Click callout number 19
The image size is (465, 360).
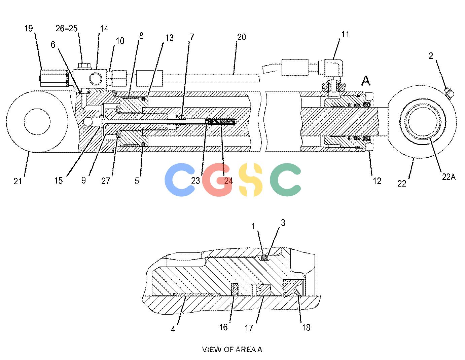point(29,29)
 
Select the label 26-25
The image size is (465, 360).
point(67,29)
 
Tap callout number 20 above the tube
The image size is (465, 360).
point(242,37)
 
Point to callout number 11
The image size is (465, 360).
point(345,34)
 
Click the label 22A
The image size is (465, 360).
point(449,177)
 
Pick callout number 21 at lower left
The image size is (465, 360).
point(17,181)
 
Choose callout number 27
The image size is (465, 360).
point(106,181)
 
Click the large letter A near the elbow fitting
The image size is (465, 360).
point(366,81)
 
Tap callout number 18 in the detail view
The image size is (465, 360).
point(306,327)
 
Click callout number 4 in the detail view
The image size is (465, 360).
point(173,329)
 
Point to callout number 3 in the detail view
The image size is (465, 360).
point(283,223)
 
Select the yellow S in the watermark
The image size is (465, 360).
point(250,179)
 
